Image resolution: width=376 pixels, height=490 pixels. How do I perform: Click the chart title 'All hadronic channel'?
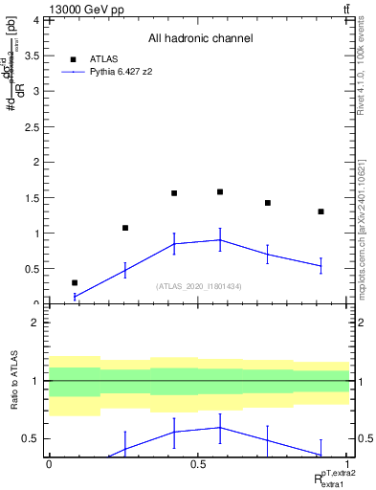tap(200, 38)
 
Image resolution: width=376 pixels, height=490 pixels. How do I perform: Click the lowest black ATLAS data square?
tap(75, 282)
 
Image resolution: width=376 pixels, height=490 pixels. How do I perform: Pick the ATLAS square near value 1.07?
tap(125, 228)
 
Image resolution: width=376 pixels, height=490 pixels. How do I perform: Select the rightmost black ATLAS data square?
tap(321, 212)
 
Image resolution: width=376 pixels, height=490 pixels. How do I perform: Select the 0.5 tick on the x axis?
tap(198, 464)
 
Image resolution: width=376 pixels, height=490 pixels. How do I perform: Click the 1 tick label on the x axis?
tap(347, 464)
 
